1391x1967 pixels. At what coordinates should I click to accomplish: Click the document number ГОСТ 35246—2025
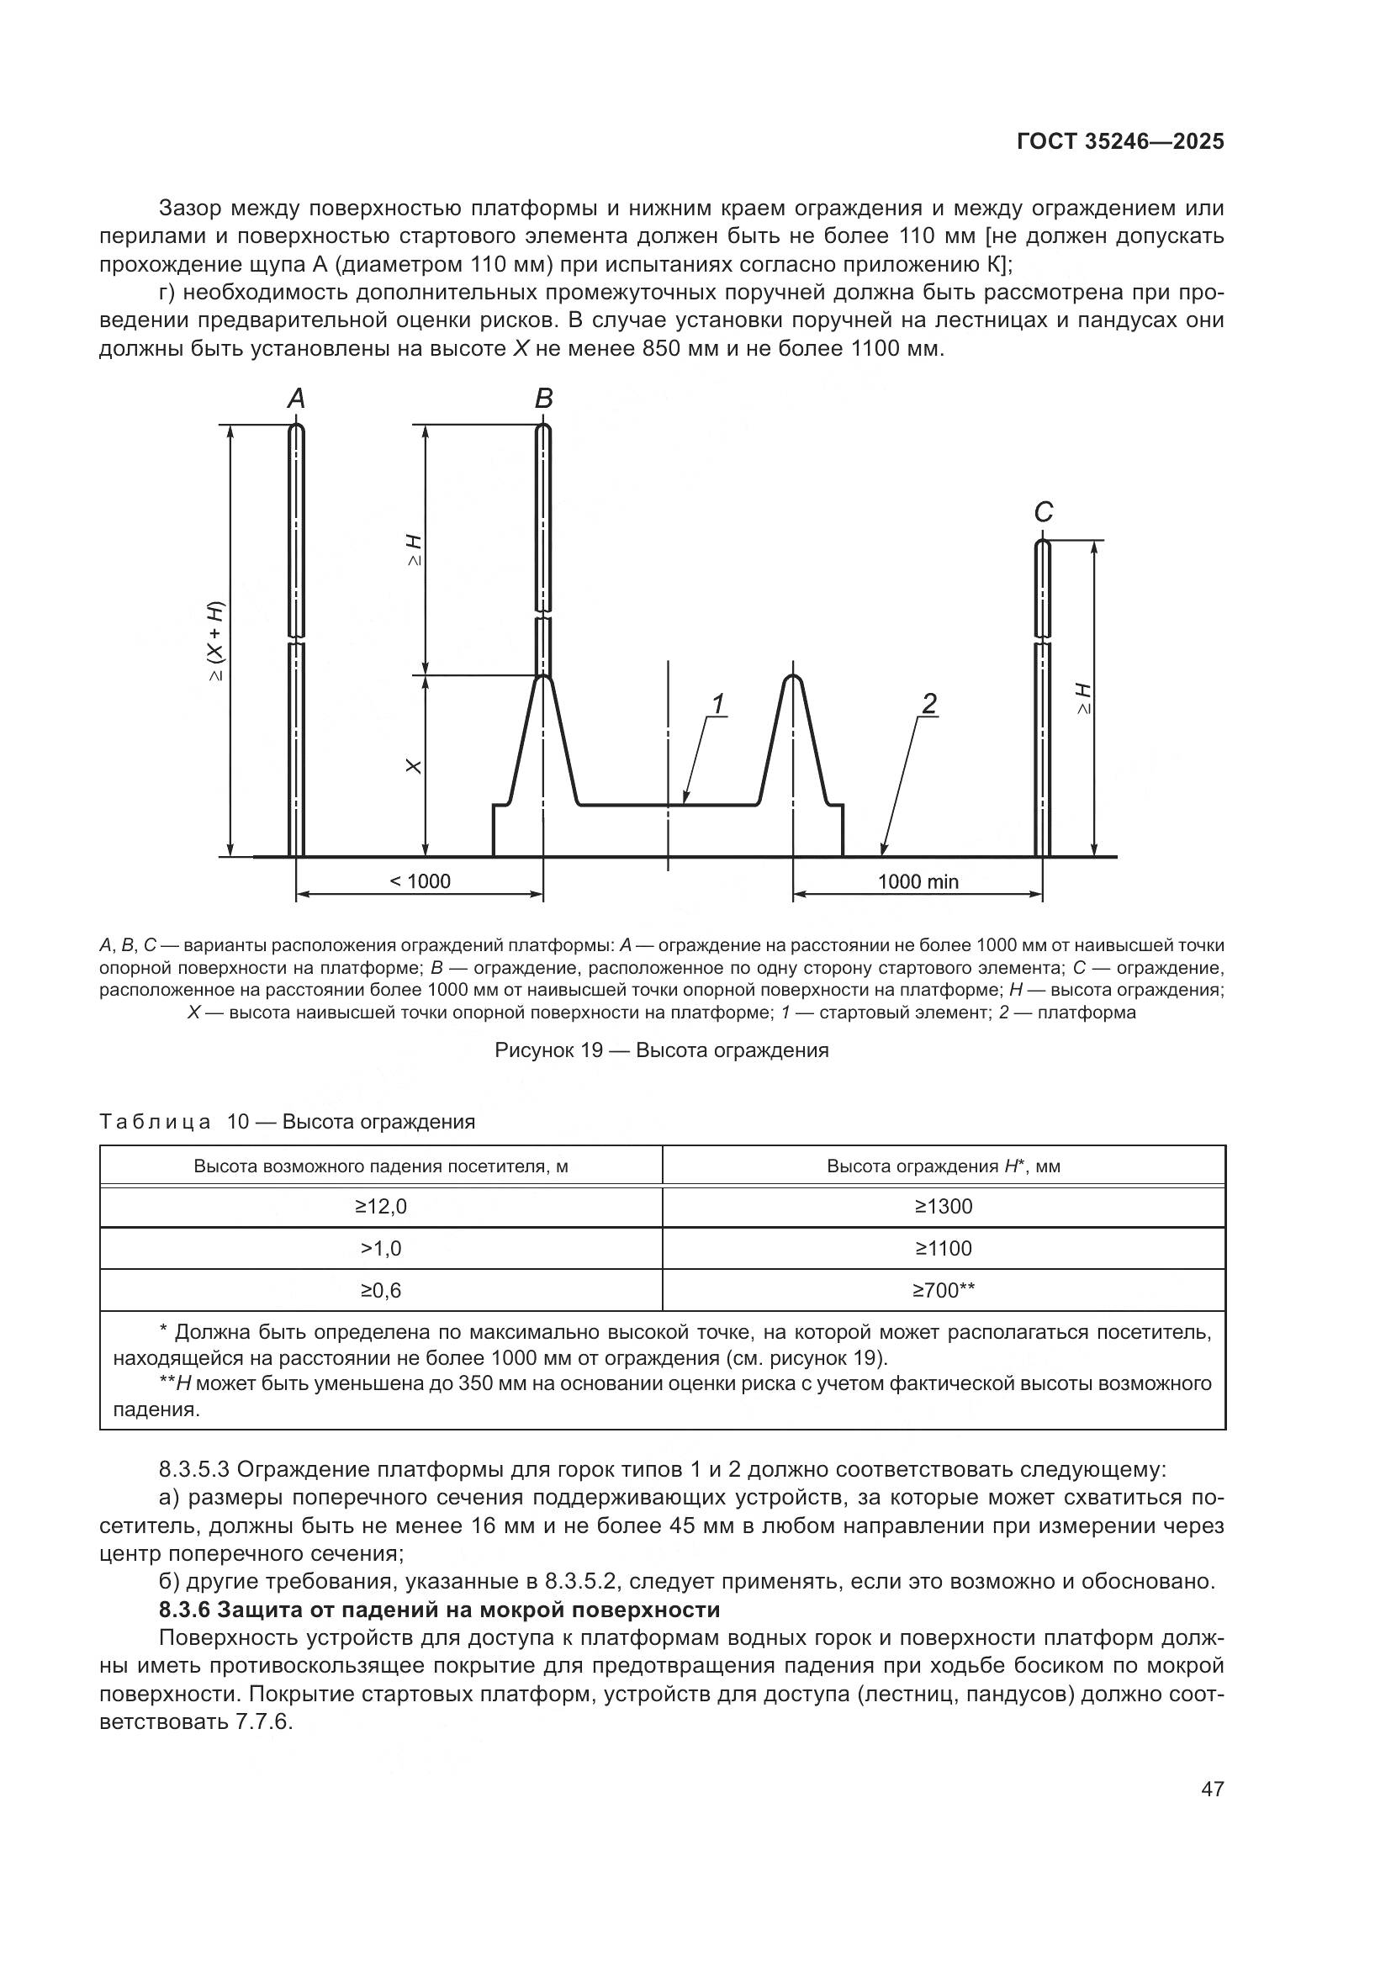[1120, 142]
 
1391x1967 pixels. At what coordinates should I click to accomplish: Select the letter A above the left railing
[295, 399]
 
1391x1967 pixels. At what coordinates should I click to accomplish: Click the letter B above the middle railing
[544, 399]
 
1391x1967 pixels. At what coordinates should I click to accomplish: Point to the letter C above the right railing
[1042, 512]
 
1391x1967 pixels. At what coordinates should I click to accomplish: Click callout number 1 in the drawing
[717, 704]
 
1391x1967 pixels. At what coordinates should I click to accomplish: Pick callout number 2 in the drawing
[928, 704]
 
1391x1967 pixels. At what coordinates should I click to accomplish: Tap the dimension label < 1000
[420, 881]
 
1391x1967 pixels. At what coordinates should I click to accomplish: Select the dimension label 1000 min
[918, 881]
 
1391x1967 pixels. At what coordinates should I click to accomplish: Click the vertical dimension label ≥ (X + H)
[216, 642]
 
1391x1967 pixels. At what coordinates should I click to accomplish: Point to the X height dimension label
[413, 766]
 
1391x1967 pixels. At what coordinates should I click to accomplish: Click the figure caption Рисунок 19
[661, 1050]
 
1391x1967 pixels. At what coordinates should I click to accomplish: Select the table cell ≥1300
[943, 1207]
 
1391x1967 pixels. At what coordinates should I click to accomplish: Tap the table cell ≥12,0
[381, 1207]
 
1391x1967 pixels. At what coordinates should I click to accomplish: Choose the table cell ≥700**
[943, 1291]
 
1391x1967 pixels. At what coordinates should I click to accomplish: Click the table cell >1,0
[381, 1249]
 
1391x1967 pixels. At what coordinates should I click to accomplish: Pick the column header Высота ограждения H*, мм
[943, 1166]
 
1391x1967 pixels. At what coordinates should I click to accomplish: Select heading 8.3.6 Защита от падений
[439, 1610]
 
